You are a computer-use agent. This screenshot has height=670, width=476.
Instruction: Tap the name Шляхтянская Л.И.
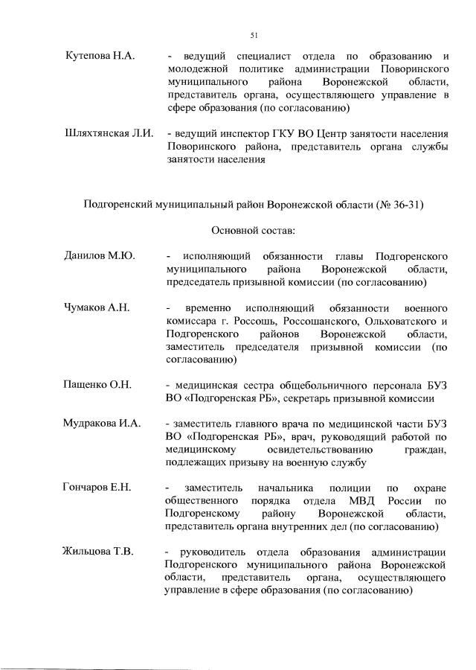pos(109,133)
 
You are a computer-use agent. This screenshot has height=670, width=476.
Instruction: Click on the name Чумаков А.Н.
pos(97,308)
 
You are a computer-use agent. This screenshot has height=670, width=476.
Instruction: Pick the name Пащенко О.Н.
pos(97,385)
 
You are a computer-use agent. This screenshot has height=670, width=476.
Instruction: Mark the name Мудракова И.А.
pos(103,424)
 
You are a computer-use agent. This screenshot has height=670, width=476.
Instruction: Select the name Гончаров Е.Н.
pos(98,488)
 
